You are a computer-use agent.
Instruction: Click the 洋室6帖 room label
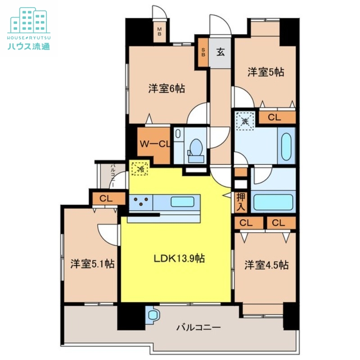(166, 89)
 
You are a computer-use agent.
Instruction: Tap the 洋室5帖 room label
(265, 72)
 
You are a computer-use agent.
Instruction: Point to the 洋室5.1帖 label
(92, 264)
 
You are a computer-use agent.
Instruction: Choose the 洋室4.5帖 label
(266, 265)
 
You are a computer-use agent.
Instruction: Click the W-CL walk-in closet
(154, 144)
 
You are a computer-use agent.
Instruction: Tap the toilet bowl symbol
(196, 148)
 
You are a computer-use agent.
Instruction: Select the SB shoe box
(203, 52)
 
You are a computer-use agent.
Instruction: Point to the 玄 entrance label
(220, 52)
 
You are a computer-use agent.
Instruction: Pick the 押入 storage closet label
(241, 202)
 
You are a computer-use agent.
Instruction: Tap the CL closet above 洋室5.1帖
(106, 198)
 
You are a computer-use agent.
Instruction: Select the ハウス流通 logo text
(29, 45)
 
